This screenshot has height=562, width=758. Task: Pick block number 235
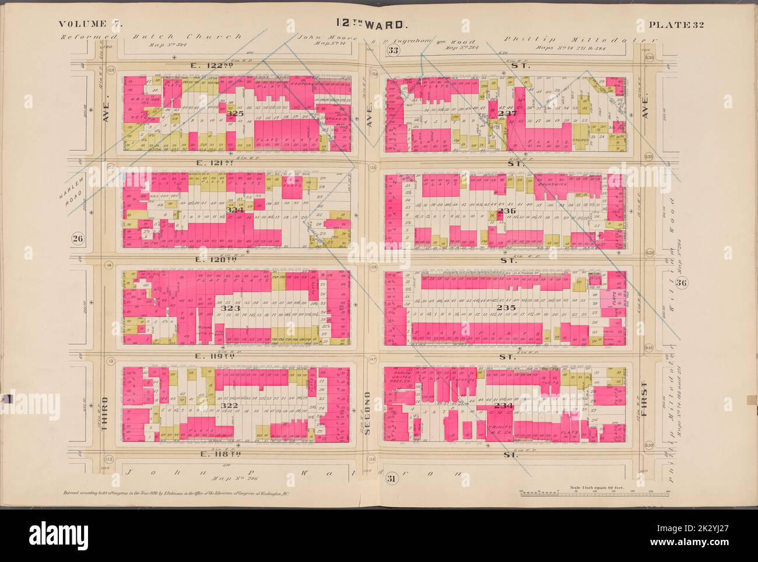point(501,306)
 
